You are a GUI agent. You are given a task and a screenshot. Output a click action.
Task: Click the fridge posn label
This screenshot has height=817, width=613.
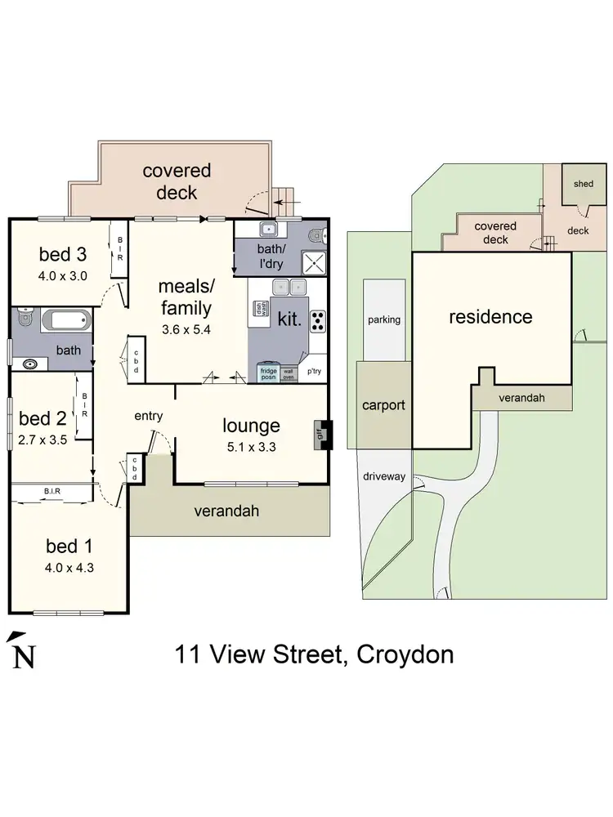tap(269, 373)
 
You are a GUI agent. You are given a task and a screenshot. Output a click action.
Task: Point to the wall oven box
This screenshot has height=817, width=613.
tap(289, 373)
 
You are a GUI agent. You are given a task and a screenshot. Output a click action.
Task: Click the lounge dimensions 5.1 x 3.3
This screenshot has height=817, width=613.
tap(251, 446)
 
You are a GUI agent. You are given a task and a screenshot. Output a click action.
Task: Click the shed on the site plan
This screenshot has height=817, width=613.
tap(583, 184)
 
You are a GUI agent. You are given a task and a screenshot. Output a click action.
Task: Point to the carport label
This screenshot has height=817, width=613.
tap(383, 404)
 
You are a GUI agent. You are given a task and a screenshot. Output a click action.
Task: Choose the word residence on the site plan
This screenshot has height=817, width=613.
tap(490, 317)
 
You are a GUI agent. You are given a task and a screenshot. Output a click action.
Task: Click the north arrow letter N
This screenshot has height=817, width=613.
tap(24, 656)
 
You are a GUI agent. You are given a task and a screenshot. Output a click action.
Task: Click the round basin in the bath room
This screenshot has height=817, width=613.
tap(31, 364)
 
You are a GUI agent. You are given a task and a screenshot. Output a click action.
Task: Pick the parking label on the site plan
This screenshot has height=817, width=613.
tap(383, 319)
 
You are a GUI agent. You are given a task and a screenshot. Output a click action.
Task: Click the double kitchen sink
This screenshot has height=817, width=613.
tap(289, 287)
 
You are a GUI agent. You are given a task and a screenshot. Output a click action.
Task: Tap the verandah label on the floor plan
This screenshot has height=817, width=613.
tap(226, 511)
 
